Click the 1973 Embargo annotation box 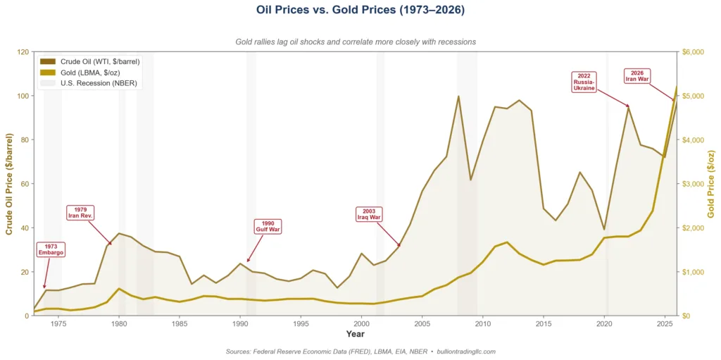tap(51, 250)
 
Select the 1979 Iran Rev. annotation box tap(81, 212)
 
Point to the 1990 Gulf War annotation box tap(268, 227)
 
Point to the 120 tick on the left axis tap(23, 52)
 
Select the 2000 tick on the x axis tap(361, 324)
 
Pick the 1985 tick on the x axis tap(180, 324)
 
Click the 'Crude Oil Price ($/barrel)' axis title tap(9, 183)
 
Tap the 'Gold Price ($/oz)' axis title tap(711, 183)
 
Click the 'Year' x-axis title tap(356, 334)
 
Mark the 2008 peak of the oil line tap(458, 97)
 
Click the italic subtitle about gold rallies tap(356, 42)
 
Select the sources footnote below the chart tap(360, 351)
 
